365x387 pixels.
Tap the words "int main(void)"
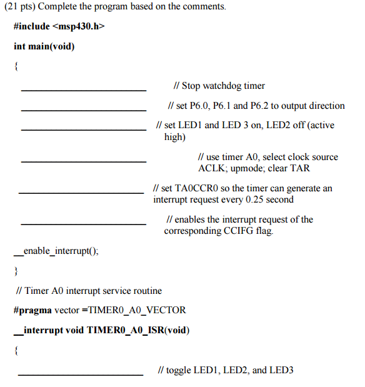coord(44,46)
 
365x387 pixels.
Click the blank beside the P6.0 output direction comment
coord(84,110)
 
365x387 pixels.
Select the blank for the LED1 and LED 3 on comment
coord(84,129)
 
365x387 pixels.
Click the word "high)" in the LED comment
coord(175,137)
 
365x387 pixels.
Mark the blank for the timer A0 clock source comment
coord(84,161)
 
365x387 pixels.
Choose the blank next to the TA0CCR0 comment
coord(81,193)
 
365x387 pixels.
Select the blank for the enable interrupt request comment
coord(84,224)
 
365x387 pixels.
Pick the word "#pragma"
coord(31,310)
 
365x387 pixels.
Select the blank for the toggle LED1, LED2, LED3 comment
coord(81,374)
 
